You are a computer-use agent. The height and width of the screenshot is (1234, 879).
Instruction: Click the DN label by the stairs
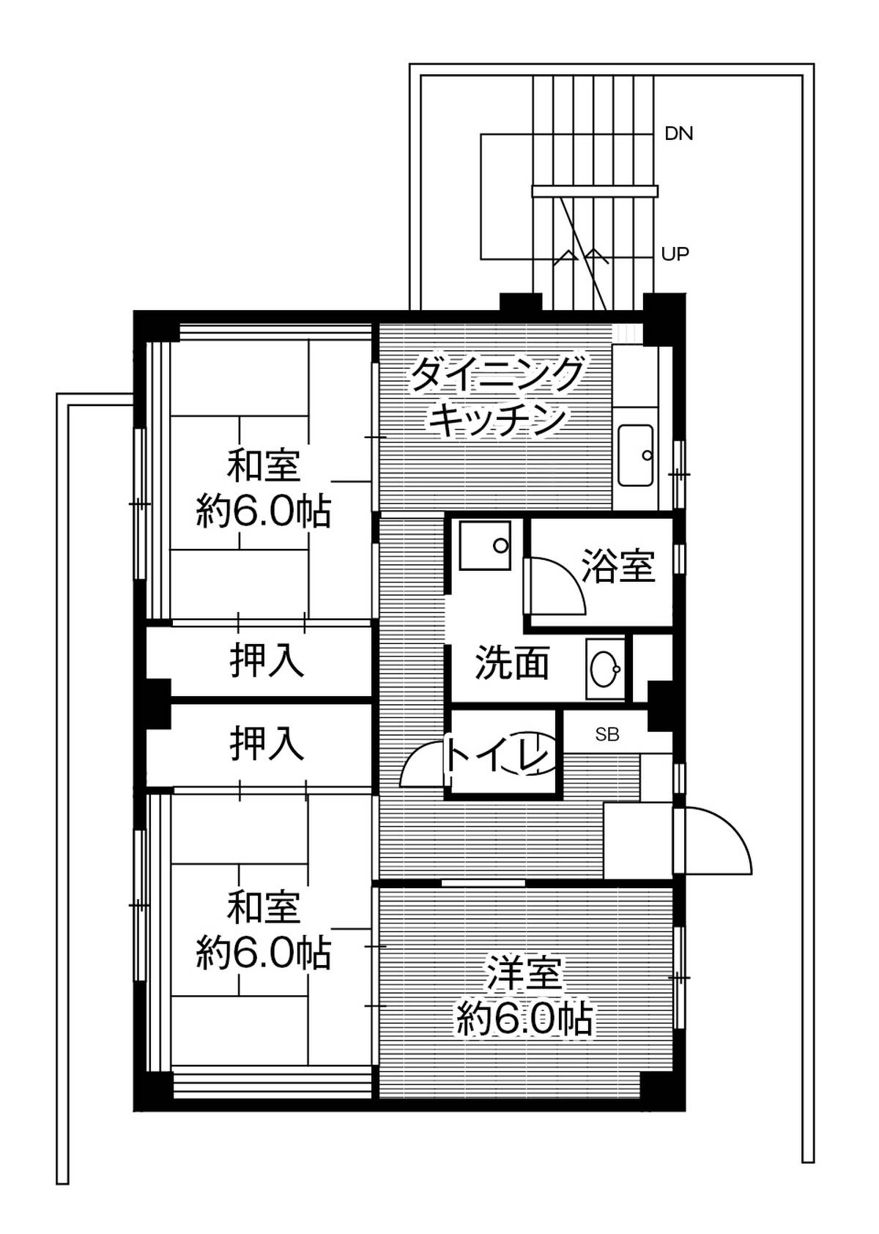coord(678,134)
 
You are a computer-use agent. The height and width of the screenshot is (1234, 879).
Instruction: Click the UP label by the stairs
coord(675,254)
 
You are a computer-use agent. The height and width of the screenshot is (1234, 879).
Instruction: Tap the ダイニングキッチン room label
coord(497,396)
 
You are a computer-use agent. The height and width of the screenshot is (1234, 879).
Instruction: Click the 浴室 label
coord(618,565)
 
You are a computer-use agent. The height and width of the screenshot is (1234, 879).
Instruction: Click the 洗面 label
coord(512,662)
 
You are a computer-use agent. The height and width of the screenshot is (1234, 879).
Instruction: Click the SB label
coord(607,734)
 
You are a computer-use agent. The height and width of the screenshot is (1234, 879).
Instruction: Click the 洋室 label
coord(524,974)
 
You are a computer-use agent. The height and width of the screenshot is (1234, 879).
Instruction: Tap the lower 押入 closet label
coord(267,743)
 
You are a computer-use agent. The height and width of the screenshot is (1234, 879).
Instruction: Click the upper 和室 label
coord(264,466)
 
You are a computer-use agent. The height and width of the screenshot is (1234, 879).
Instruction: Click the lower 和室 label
coord(264,907)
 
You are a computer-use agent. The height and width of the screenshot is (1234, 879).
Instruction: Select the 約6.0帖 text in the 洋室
coord(524,1018)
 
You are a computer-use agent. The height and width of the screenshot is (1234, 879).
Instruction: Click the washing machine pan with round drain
coord(484,544)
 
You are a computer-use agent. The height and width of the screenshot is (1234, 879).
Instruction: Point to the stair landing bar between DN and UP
coord(594,192)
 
